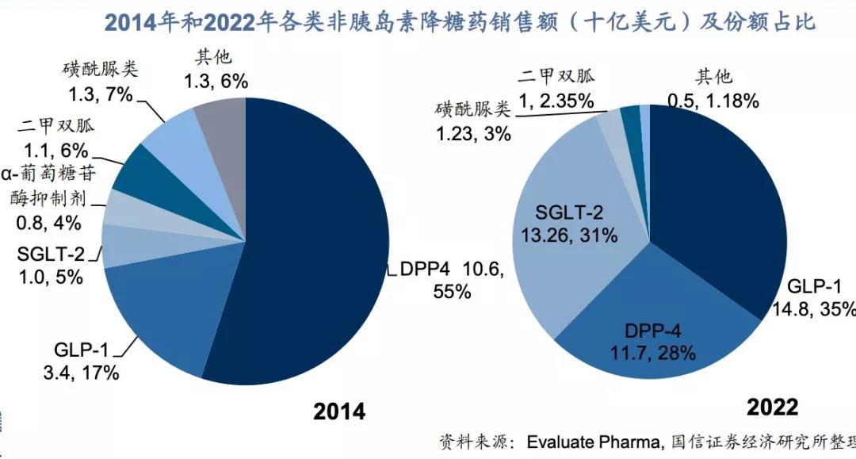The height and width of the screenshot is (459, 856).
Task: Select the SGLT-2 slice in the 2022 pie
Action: pos(571,230)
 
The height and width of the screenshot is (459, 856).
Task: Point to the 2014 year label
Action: pos(339,412)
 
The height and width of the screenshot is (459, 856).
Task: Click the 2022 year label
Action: pos(772,407)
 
